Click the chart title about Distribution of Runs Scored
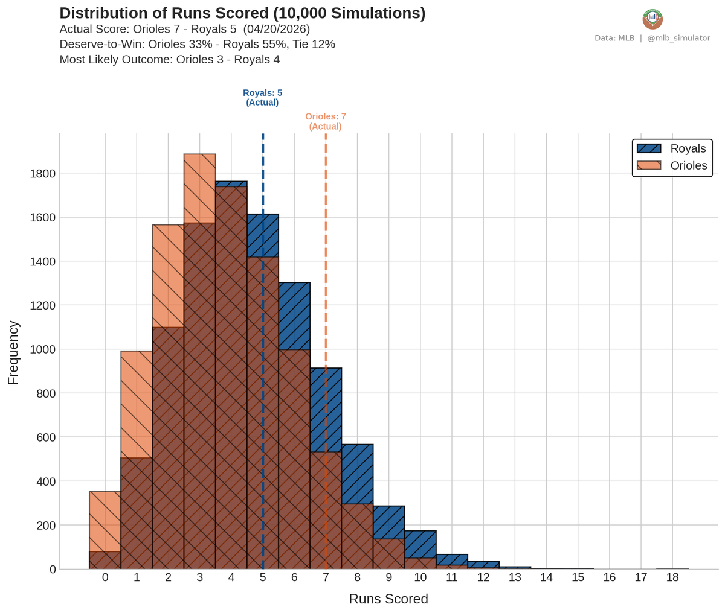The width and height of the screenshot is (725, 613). pyautogui.click(x=242, y=14)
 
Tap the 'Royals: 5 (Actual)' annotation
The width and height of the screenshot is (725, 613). pyautogui.click(x=262, y=98)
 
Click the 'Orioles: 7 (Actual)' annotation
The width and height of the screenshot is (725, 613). pyautogui.click(x=325, y=121)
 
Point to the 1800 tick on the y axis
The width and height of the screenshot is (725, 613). pyautogui.click(x=43, y=174)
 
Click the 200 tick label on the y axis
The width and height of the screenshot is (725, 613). pyautogui.click(x=45, y=526)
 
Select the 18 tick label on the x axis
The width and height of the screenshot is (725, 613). pyautogui.click(x=672, y=577)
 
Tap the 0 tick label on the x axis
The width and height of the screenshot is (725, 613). pyautogui.click(x=105, y=577)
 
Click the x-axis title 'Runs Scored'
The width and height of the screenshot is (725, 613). pyautogui.click(x=388, y=599)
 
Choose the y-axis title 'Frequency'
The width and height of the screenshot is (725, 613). pyautogui.click(x=13, y=352)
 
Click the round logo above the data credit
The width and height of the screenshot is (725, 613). pyautogui.click(x=652, y=19)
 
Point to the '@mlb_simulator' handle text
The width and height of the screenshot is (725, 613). pyautogui.click(x=678, y=38)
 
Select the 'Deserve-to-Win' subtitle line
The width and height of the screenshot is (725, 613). pyautogui.click(x=197, y=45)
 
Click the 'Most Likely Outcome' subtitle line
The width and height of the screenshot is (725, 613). pyautogui.click(x=169, y=60)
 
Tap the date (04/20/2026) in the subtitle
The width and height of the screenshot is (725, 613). pyautogui.click(x=276, y=29)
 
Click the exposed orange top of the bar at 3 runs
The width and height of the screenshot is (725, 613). pyautogui.click(x=199, y=188)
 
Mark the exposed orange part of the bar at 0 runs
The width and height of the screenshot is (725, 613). pyautogui.click(x=105, y=521)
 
